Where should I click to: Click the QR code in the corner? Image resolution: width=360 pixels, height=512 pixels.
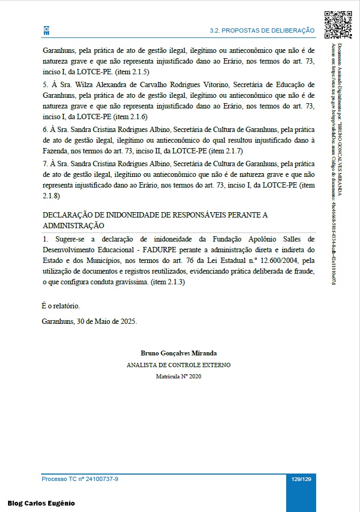pos(338,25)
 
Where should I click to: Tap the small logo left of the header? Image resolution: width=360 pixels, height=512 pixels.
pos(46,31)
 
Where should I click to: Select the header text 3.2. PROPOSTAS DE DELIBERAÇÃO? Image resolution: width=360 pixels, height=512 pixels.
pos(262,31)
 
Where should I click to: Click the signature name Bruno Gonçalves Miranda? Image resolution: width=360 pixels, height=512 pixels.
pos(179,353)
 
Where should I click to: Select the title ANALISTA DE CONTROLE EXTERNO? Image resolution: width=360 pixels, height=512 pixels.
pos(179,365)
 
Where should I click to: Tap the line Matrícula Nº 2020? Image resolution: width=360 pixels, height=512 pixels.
pos(179,376)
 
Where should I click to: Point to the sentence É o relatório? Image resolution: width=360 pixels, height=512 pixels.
pos(60,306)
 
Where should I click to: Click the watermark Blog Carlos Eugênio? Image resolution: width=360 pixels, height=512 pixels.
pos(41,503)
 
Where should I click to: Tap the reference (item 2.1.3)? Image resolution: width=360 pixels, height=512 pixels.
pos(167,282)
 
